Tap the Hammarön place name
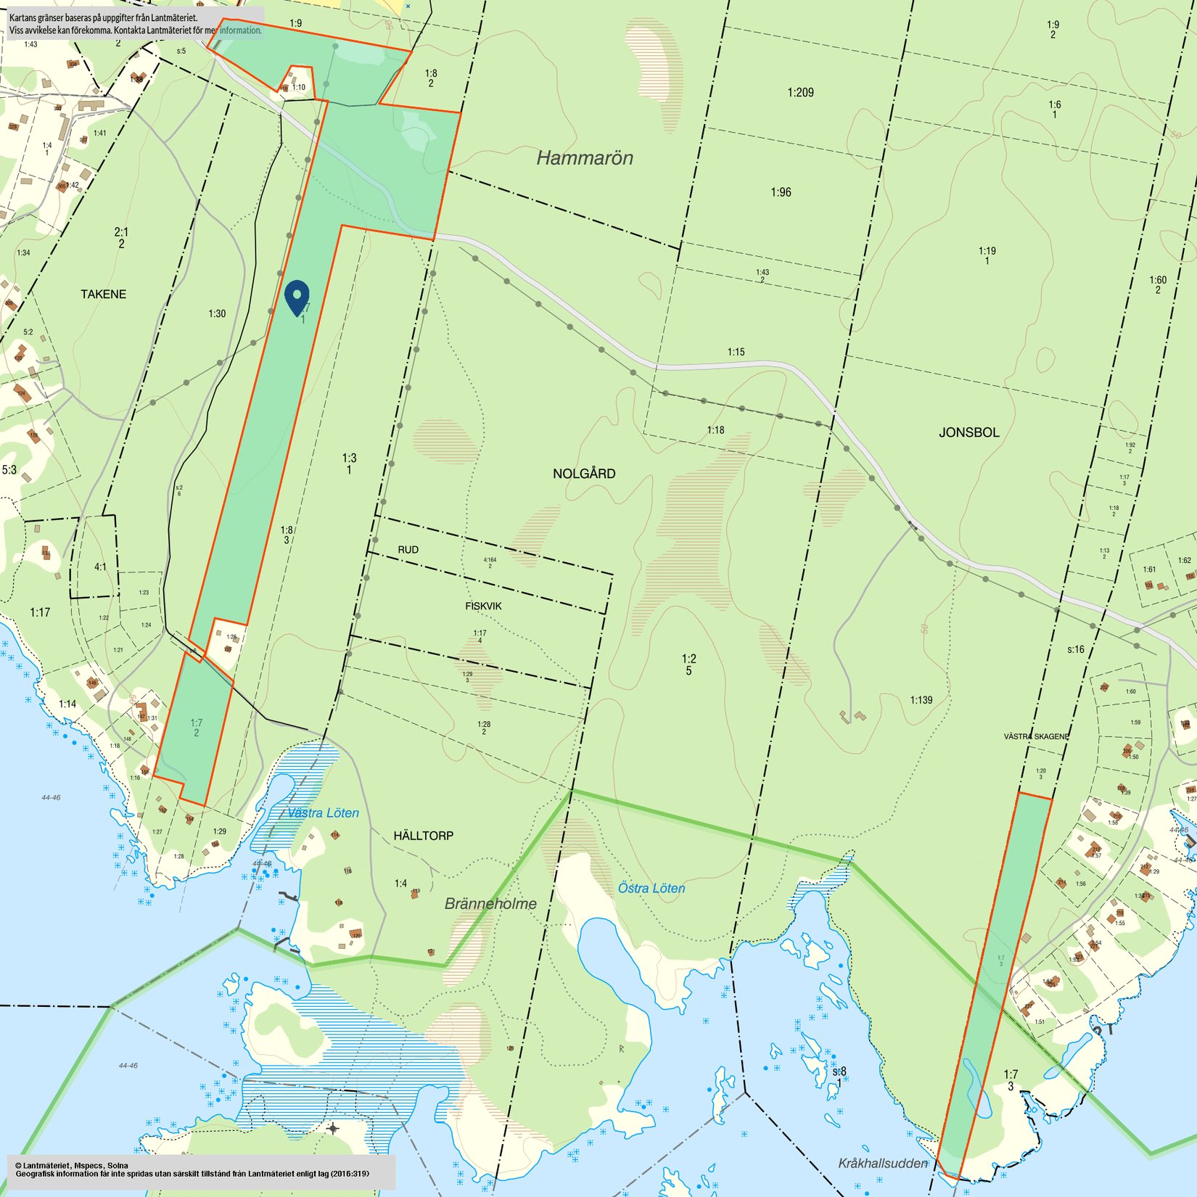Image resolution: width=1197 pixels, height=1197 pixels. tap(585, 157)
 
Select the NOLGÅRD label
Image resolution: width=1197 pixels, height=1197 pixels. tap(584, 474)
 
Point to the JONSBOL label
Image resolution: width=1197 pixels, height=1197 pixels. tap(969, 432)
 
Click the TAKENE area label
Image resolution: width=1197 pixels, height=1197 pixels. tap(103, 294)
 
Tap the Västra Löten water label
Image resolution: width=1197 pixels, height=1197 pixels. tap(323, 813)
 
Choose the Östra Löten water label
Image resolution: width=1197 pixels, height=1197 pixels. tap(651, 888)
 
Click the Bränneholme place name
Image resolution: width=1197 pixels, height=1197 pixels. tap(490, 904)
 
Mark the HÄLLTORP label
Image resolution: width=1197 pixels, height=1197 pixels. tap(424, 836)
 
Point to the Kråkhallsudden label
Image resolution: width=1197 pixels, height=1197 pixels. tap(883, 1164)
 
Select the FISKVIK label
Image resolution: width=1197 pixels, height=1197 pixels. tap(483, 606)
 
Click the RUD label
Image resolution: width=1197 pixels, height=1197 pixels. tap(408, 550)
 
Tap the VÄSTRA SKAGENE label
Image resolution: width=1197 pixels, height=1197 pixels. tap(1036, 736)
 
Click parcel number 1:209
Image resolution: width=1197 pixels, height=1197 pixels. tap(800, 92)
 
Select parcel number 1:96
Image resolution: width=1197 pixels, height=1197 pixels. tap(781, 192)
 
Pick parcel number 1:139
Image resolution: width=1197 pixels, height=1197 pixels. tap(921, 700)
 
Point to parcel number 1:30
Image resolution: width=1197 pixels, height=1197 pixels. tap(217, 313)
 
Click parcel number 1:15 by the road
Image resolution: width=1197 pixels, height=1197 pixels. tap(736, 352)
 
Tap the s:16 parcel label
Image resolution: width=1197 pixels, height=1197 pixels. tap(1075, 649)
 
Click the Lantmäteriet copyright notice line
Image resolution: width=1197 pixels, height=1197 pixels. tap(71, 1166)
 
